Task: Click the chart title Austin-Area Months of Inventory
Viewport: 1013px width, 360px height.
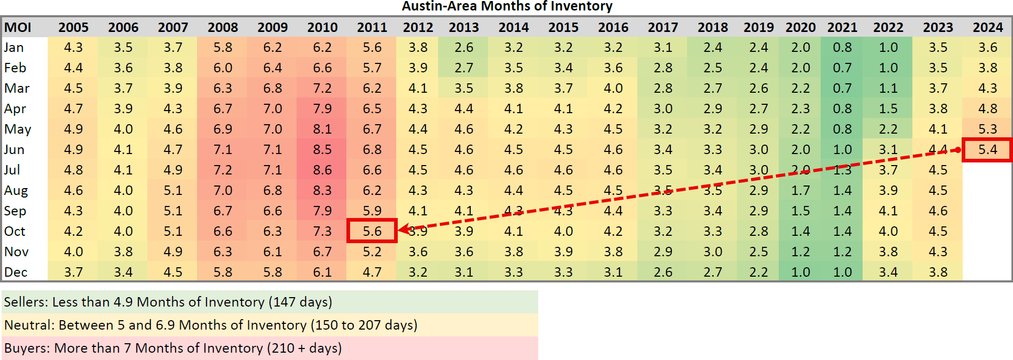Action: click(507, 6)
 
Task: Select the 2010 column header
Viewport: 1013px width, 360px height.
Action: click(322, 27)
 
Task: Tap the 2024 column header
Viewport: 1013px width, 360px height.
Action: click(987, 27)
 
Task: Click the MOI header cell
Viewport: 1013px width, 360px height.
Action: click(18, 27)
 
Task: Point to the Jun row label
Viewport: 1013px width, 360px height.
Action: click(14, 150)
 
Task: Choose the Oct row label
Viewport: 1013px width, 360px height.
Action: click(15, 232)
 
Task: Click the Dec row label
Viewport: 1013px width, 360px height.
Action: click(16, 272)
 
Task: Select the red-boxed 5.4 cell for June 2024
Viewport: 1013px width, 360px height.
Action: click(987, 150)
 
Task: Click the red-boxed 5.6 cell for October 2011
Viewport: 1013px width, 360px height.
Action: click(372, 231)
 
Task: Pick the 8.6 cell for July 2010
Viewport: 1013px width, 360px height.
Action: click(322, 170)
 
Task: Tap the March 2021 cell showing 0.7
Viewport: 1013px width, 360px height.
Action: click(842, 89)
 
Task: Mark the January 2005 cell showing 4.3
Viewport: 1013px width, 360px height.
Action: click(73, 48)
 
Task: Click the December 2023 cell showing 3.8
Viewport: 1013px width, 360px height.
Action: click(938, 272)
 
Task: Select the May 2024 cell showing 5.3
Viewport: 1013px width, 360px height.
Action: click(987, 129)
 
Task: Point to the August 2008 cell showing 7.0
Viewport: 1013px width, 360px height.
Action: click(223, 191)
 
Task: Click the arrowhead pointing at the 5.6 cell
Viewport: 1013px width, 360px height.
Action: click(402, 229)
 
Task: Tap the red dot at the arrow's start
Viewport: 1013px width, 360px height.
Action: click(957, 150)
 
